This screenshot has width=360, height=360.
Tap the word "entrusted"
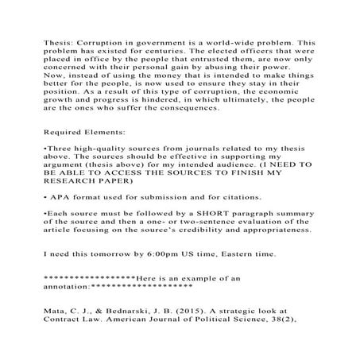coord(207,68)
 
